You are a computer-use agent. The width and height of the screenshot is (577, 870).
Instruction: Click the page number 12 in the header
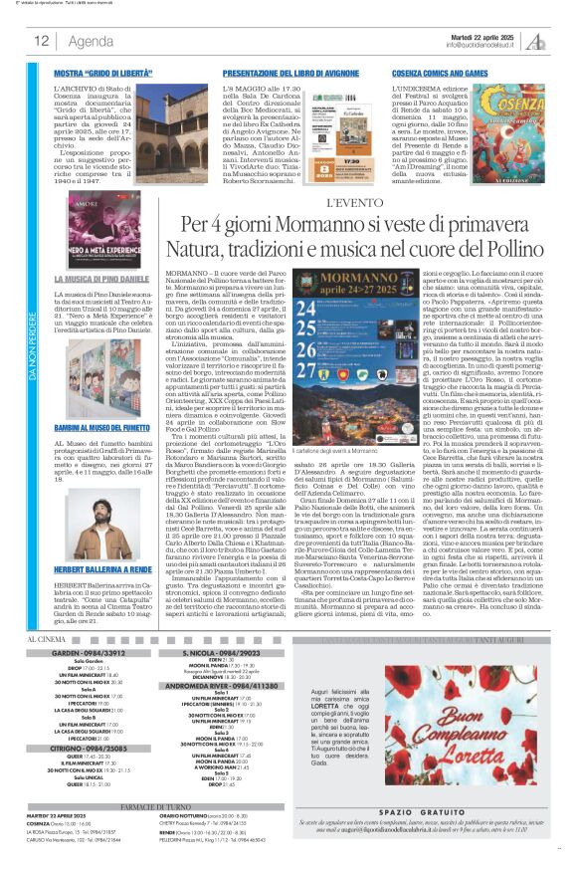[41, 41]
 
